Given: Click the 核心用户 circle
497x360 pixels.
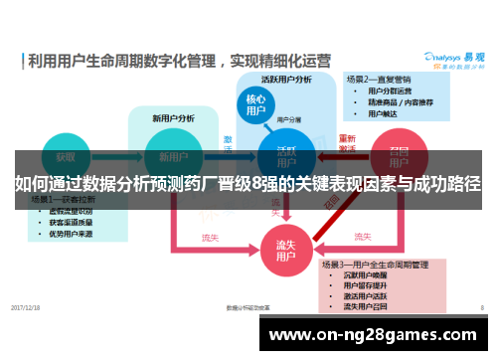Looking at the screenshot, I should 256,105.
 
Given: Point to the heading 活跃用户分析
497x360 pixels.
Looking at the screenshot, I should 286,79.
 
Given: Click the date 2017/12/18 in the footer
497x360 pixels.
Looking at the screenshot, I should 26,307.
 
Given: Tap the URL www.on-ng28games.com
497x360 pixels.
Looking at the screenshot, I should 377,335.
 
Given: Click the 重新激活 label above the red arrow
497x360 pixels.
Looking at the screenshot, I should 346,143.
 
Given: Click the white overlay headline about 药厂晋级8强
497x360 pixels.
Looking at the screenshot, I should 248,184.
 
